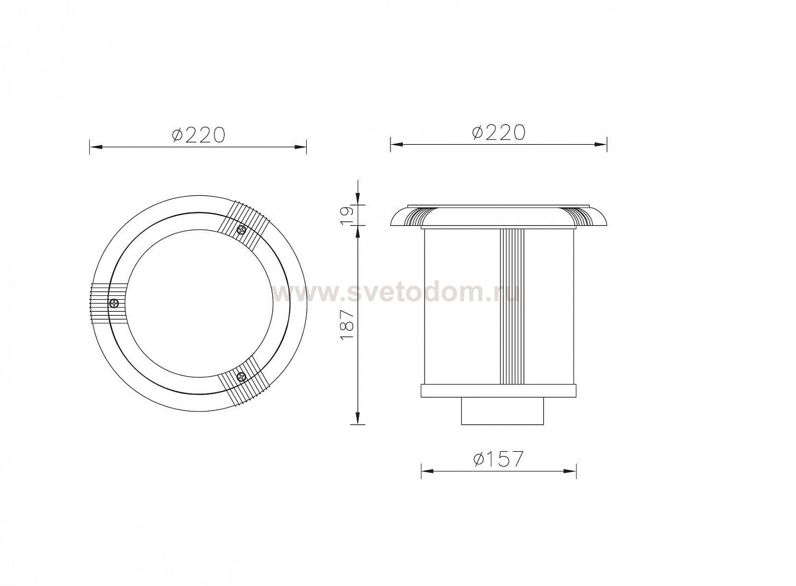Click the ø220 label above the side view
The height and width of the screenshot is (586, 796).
point(499,132)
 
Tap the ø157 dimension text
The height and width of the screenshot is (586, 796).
point(499,459)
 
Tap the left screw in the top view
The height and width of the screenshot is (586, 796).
point(115,303)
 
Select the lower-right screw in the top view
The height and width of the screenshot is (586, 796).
point(241,375)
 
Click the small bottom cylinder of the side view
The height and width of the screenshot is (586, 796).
point(503,411)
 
